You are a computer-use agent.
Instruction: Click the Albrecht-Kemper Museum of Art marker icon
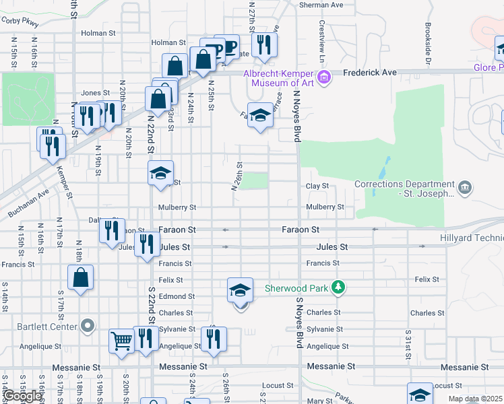pos(324,78)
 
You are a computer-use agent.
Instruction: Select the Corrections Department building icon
pos(464,187)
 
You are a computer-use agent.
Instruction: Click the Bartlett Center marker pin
pos(87,327)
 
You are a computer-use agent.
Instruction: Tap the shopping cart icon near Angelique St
pos(122,341)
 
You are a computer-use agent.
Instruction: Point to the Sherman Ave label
pos(321,5)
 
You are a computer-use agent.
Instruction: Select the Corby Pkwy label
pos(20,22)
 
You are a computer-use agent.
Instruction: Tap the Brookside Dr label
pos(428,44)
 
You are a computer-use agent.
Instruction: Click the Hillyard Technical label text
pos(471,238)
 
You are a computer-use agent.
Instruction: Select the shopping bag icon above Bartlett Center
pos(80,278)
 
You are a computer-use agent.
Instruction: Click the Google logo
pos(22,396)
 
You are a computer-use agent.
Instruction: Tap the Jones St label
pos(95,93)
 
